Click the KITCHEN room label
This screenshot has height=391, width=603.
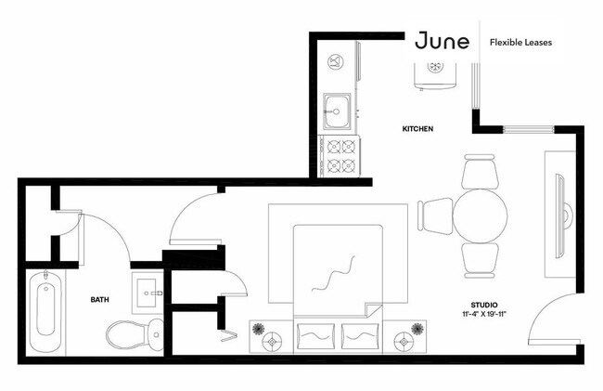(417, 128)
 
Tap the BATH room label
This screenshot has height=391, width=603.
(99, 299)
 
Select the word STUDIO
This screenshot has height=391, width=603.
(484, 306)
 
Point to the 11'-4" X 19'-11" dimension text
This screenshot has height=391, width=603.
(484, 314)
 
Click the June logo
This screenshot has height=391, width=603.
(443, 41)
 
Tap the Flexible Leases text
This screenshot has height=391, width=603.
(520, 43)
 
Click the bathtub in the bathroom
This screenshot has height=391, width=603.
(45, 311)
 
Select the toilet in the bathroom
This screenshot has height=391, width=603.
(135, 334)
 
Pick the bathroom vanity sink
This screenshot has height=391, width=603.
(148, 293)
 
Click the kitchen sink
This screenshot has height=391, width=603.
(337, 111)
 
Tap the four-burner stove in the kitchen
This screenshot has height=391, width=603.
(340, 156)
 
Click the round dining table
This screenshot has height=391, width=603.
(480, 215)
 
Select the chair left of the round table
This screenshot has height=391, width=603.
(436, 216)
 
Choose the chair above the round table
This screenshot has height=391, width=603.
(480, 172)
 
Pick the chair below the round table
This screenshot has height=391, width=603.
(480, 261)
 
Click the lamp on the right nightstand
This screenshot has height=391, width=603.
(404, 342)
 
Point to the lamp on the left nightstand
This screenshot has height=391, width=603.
(272, 342)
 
